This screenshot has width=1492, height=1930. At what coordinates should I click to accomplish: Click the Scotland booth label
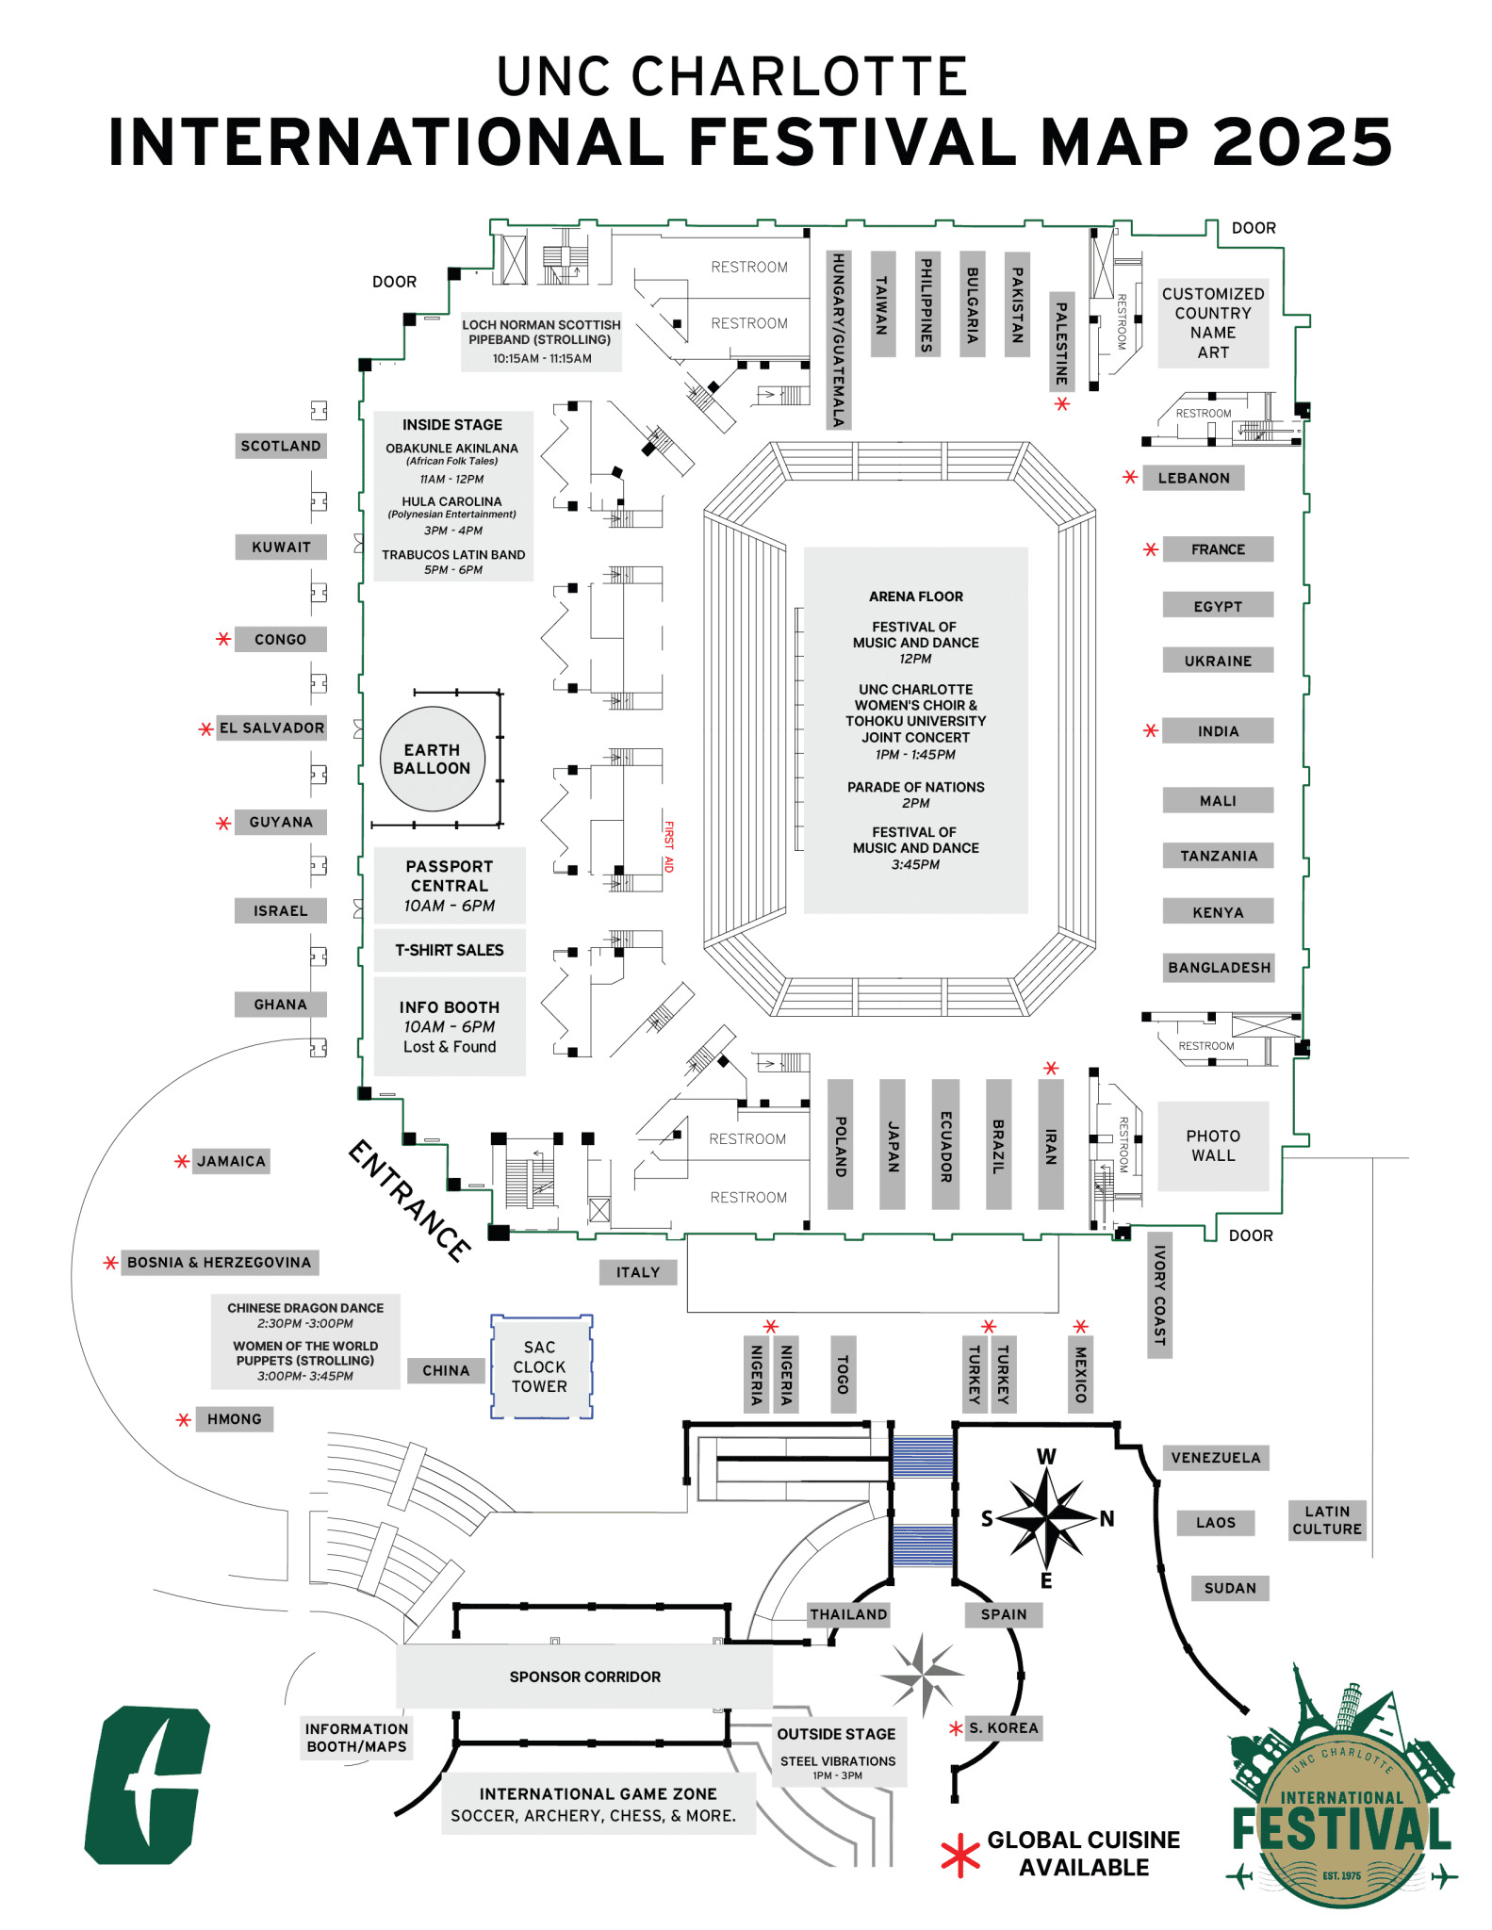281,446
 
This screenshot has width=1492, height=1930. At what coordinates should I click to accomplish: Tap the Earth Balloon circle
432,759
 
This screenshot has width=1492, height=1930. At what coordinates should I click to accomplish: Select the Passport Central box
450,885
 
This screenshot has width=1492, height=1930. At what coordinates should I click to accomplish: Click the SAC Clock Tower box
541,1366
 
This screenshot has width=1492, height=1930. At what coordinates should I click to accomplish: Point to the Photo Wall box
1213,1146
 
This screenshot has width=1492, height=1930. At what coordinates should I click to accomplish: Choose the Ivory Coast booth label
1159,1295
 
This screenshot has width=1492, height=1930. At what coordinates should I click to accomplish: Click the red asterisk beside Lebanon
1130,478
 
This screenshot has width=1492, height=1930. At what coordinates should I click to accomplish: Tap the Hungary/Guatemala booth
838,340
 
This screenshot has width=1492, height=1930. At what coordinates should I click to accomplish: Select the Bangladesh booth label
1219,968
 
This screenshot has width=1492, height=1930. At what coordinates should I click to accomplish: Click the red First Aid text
668,846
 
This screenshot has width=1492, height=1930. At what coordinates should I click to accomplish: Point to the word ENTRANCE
409,1201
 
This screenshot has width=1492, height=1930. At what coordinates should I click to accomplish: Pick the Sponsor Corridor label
584,1676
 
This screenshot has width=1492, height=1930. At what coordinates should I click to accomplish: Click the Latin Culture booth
1327,1520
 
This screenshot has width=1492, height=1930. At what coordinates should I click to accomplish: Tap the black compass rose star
1047,1517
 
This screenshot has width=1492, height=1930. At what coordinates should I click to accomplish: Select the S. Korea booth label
1004,1727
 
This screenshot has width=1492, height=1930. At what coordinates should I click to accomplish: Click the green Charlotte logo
148,1785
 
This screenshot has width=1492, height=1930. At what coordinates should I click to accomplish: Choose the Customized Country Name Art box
1213,323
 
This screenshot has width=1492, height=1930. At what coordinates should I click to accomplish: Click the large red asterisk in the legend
960,1855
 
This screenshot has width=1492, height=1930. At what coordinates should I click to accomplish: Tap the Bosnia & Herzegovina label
220,1262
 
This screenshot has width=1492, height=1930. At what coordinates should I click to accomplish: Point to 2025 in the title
1303,142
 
